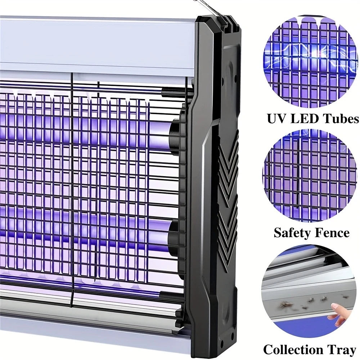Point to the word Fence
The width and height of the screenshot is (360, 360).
coord(332,233)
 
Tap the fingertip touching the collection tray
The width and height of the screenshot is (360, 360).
coord(334,306)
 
